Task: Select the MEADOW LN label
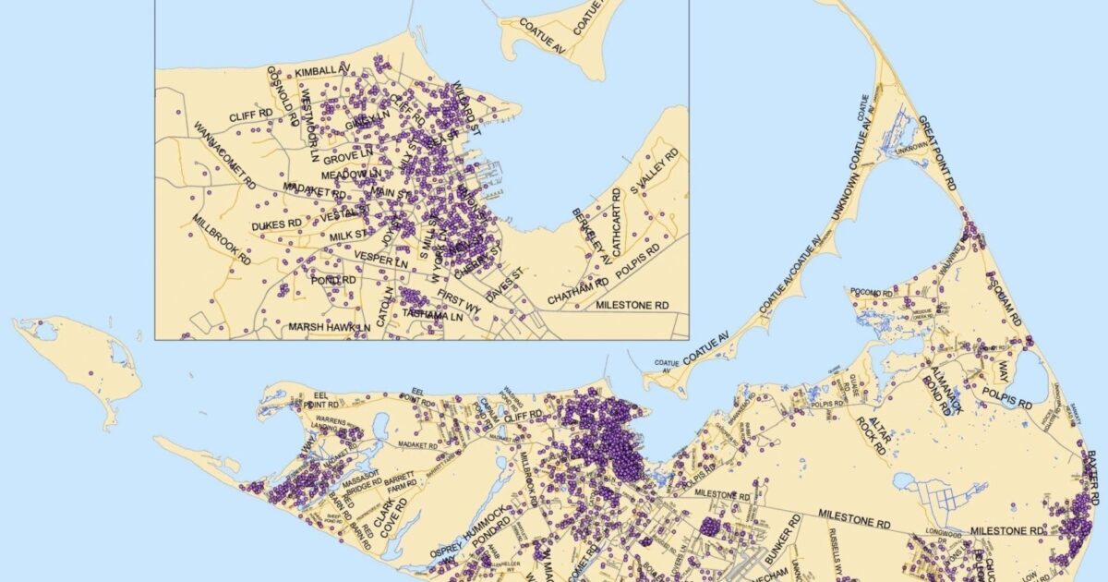click(x=351, y=174)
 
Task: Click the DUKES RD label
click(x=276, y=224)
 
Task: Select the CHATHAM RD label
click(x=577, y=297)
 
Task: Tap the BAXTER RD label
click(x=1094, y=471)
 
